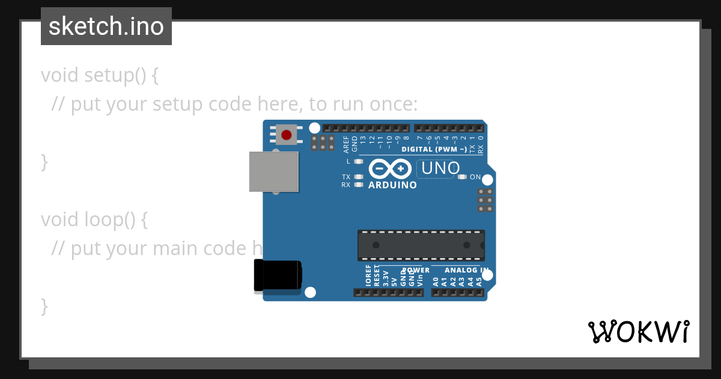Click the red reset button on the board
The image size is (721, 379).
[x=287, y=135]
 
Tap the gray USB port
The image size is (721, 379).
[x=274, y=171]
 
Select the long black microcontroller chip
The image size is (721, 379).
[x=421, y=245]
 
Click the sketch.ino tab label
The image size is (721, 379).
[x=106, y=26]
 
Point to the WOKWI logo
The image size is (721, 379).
[x=638, y=332]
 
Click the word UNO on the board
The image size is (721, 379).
[x=440, y=168]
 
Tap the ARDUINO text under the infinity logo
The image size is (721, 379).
[x=392, y=185]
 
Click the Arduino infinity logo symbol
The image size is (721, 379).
[x=392, y=168]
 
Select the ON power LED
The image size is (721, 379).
[x=462, y=177]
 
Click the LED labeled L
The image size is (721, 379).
[x=359, y=161]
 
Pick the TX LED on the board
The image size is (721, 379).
[x=359, y=177]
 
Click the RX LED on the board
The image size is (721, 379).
[x=359, y=185]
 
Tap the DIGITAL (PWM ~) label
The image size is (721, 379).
[x=434, y=149]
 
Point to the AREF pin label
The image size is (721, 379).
[x=346, y=144]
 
